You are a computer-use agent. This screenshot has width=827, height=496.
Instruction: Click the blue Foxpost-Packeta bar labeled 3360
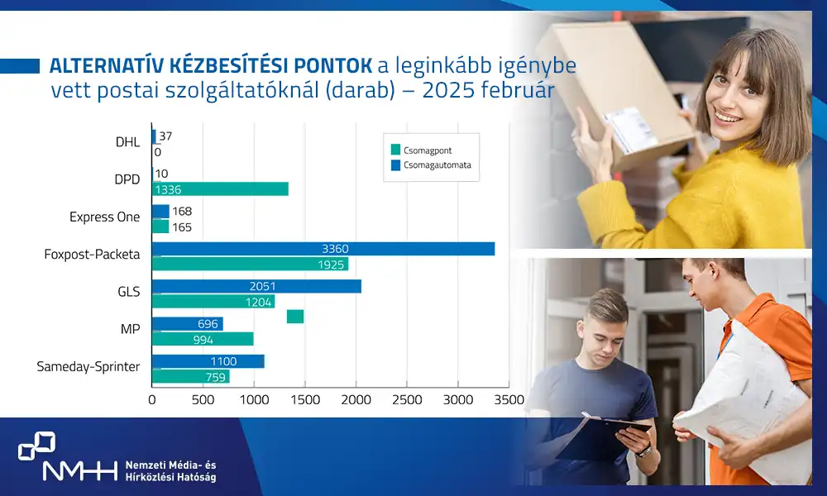[x=323, y=249]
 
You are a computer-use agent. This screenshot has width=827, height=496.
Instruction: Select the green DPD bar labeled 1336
[x=220, y=189]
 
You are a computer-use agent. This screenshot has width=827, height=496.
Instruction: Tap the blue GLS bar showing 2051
[x=257, y=286]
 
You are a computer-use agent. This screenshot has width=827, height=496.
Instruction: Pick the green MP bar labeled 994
[x=203, y=339]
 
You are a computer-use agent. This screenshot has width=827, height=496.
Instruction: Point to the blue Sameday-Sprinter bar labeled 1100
[x=208, y=361]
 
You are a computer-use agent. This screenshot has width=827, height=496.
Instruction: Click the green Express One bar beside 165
[x=160, y=227]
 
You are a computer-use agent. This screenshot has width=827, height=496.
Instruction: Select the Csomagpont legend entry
[x=422, y=150]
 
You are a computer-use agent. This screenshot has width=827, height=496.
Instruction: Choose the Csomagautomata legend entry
[x=431, y=165]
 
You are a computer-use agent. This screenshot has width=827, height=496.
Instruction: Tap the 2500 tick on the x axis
[x=407, y=400]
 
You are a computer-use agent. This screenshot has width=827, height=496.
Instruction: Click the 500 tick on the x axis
[x=203, y=400]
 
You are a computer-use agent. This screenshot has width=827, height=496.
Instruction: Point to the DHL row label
[x=127, y=142]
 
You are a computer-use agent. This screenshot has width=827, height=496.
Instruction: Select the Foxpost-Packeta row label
[x=93, y=255]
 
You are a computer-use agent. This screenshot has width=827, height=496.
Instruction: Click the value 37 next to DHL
[x=165, y=136]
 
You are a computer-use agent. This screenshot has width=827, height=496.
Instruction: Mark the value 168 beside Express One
[x=182, y=212]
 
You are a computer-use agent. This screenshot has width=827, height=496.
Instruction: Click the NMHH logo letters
[x=79, y=470]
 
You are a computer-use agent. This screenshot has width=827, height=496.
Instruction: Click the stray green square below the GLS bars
[x=295, y=317]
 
